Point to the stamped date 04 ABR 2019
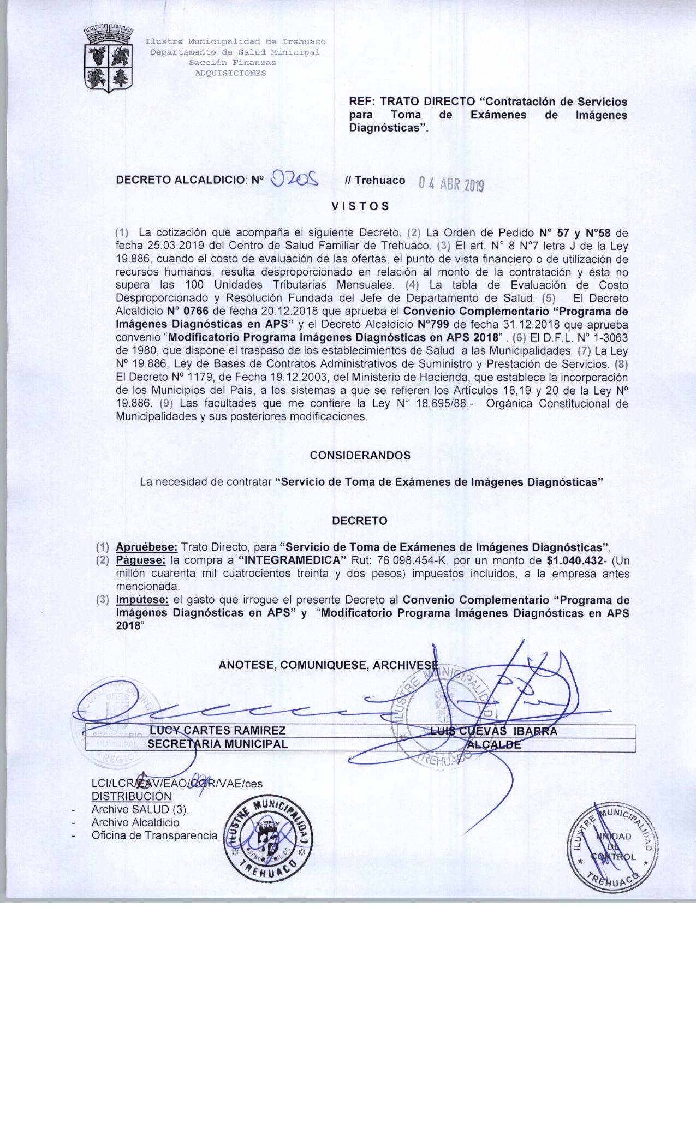[x=451, y=184]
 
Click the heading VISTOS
[x=361, y=206]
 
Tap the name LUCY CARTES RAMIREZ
[x=217, y=731]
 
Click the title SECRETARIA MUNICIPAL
[x=217, y=744]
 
